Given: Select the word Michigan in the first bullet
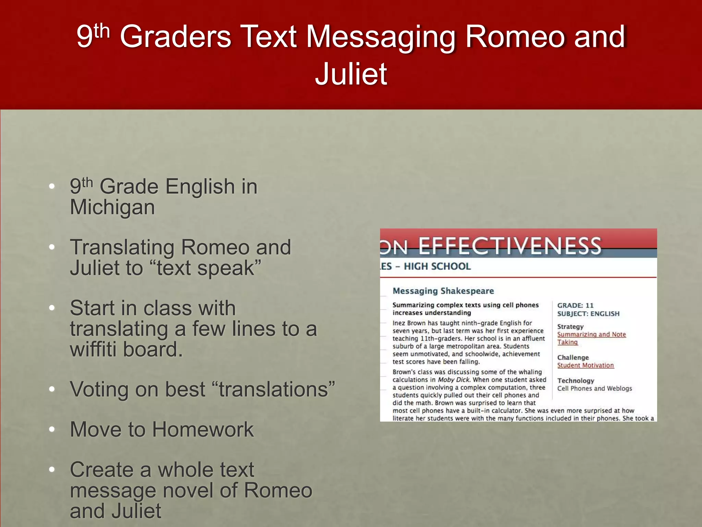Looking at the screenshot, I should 112,208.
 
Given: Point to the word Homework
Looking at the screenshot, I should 203,429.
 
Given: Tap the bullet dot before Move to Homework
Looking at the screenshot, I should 52,429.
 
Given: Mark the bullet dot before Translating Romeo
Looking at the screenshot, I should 52,247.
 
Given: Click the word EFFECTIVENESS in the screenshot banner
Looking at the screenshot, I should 510,246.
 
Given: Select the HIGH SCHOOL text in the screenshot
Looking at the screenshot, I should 437,266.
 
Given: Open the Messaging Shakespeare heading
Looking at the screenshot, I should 443,291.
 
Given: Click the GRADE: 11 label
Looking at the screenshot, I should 575,305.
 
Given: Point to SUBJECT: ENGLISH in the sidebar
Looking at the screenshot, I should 588,314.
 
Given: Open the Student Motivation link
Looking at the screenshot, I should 585,365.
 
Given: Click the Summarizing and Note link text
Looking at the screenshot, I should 591,335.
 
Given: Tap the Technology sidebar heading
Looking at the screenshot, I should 576,380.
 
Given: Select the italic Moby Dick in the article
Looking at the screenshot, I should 453,380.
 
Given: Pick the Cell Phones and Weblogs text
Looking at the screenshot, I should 594,388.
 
